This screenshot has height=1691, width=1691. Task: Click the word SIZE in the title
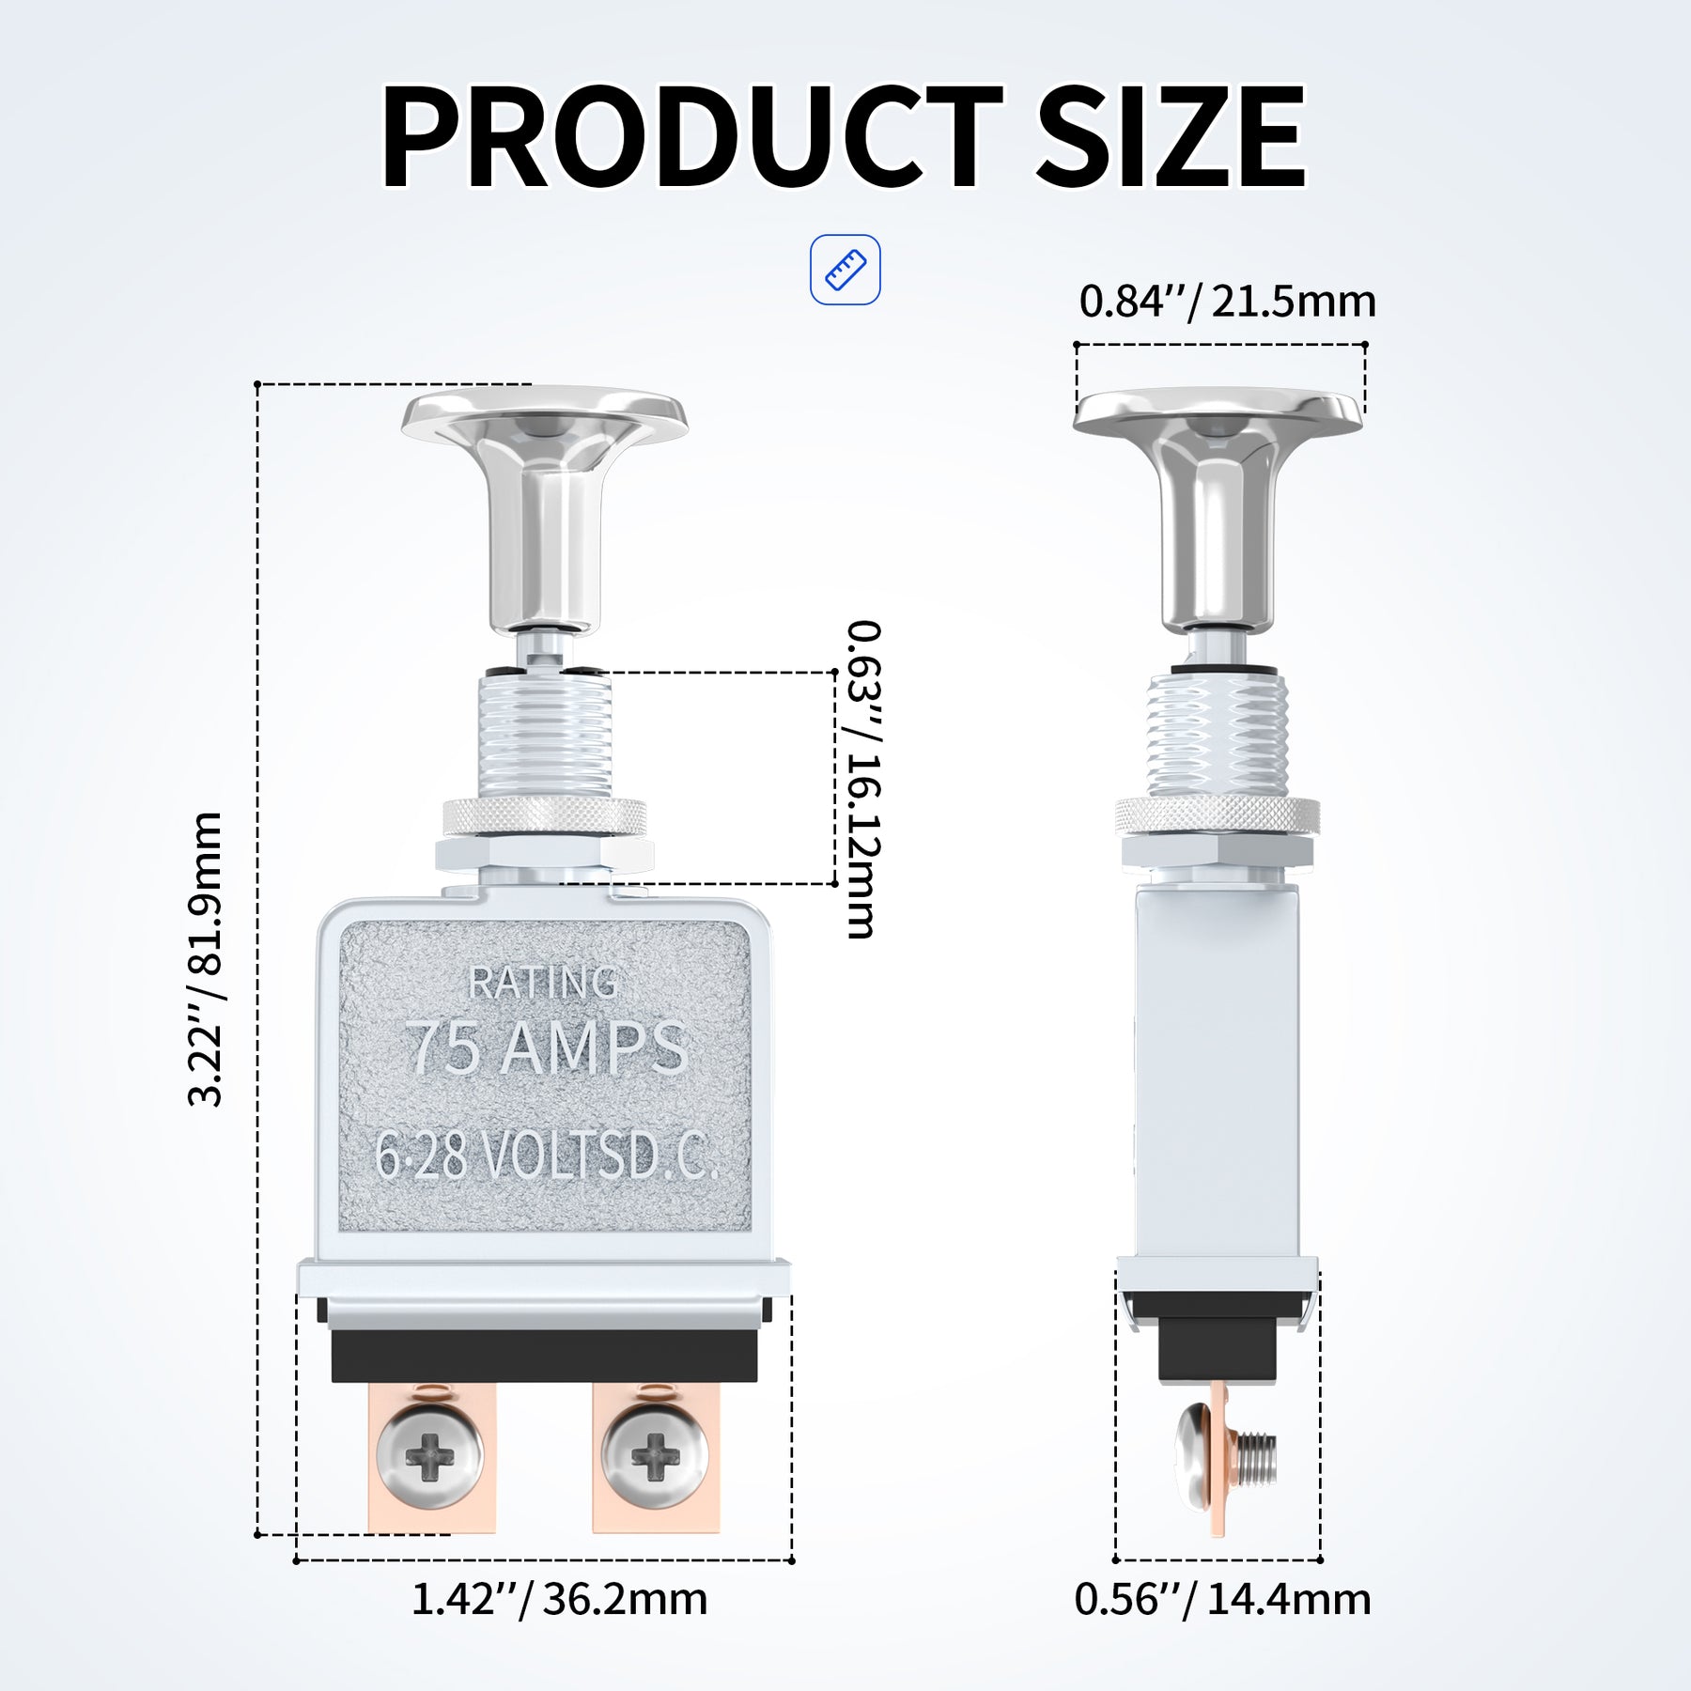tap(1171, 137)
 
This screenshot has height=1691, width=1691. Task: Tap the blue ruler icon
tap(845, 270)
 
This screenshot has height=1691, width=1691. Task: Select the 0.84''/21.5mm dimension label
tap(1227, 302)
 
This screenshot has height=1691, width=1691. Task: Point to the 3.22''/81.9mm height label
tap(206, 959)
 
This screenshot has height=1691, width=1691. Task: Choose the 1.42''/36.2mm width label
tap(559, 1599)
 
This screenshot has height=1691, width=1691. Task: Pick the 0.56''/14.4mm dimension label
tap(1222, 1599)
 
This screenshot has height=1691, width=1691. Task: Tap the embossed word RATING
tap(543, 983)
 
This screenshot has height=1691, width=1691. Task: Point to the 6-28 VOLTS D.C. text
tap(546, 1155)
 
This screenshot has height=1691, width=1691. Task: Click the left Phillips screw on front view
tap(430, 1457)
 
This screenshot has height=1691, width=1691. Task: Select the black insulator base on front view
tap(544, 1355)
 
